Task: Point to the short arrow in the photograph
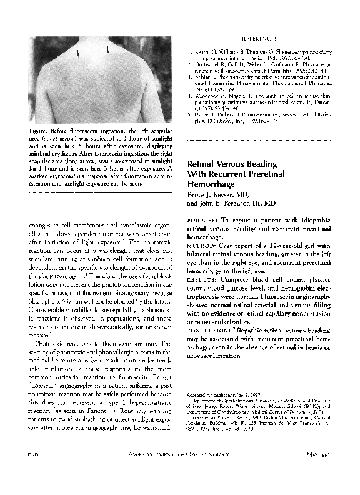pos(78,52)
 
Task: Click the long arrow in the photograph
pos(108,48)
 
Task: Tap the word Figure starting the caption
pos(40,130)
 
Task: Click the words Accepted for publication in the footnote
pos(211,396)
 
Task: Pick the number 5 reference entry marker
pos(190,116)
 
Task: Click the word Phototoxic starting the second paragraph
pos(52,343)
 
